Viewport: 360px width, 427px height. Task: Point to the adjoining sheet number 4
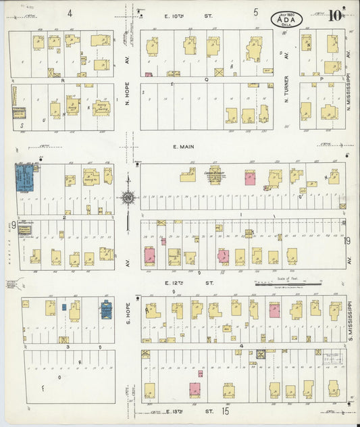pos(70,13)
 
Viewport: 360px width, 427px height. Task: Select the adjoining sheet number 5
pos(256,12)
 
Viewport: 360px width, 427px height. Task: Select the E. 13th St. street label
pos(182,411)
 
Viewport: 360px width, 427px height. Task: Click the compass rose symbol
pos(127,198)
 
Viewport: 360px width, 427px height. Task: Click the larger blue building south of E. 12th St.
pos(106,309)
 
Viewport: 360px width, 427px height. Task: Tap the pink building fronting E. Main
pos(250,178)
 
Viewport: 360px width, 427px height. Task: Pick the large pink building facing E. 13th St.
pos(195,390)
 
